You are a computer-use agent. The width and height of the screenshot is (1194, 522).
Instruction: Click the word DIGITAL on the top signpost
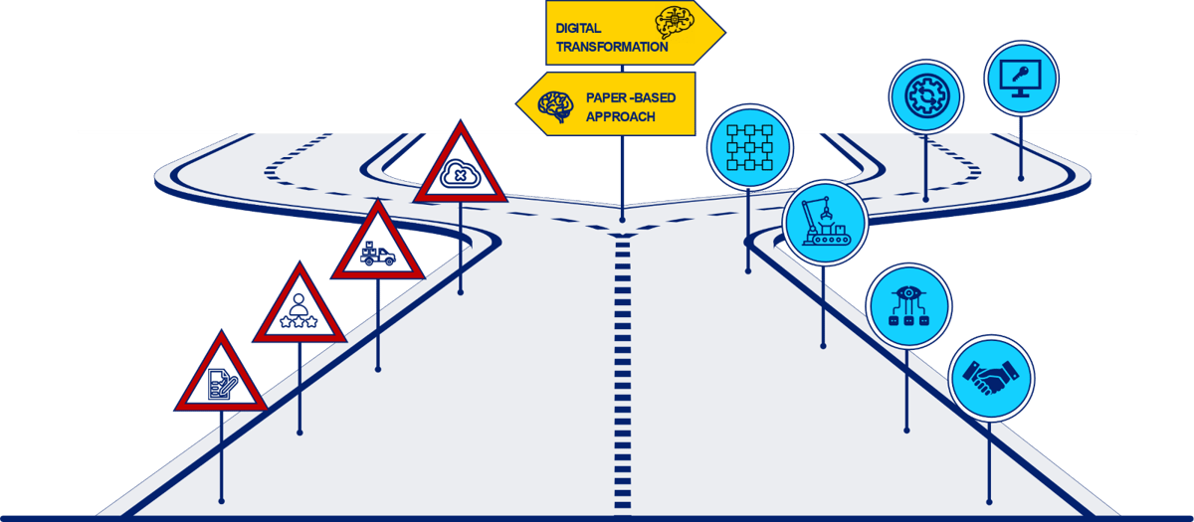coord(578,28)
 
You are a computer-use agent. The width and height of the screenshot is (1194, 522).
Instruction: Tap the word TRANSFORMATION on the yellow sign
coord(612,47)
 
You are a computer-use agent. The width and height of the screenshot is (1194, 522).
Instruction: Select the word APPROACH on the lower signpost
coord(621,116)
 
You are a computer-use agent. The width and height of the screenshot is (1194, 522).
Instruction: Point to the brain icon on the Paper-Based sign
coord(554,105)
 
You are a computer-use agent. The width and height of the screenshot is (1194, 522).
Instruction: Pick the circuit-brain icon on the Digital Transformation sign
coord(674,25)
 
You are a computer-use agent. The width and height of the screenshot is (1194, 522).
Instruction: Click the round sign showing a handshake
coord(990,378)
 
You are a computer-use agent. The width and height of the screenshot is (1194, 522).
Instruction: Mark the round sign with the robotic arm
coord(824,223)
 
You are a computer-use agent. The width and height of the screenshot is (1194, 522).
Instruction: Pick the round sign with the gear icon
coord(925,96)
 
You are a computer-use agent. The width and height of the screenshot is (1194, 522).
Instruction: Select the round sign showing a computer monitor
coord(1021,78)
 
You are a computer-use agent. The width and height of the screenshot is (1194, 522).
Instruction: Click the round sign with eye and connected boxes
coord(907,304)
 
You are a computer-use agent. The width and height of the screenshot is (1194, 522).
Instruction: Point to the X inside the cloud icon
coord(460,175)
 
